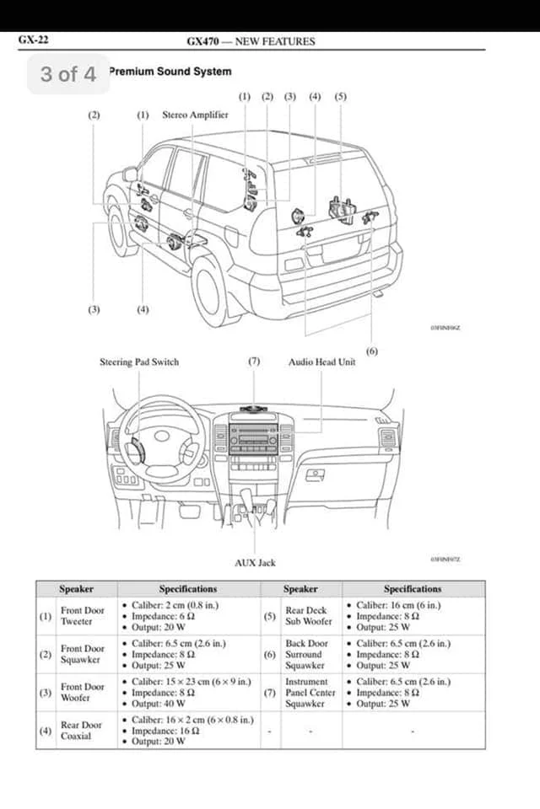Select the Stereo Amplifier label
(x=195, y=115)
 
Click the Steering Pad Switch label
(x=139, y=362)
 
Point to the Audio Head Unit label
(x=321, y=362)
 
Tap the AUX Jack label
(x=255, y=562)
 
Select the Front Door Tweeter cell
(x=82, y=616)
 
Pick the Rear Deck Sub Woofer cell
(x=308, y=616)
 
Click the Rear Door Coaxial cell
(x=81, y=731)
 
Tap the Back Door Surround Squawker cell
(x=306, y=654)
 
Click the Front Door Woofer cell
(x=82, y=693)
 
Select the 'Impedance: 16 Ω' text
(x=169, y=731)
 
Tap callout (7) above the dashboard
(x=254, y=362)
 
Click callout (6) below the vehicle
(x=372, y=351)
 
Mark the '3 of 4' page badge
(x=68, y=74)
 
